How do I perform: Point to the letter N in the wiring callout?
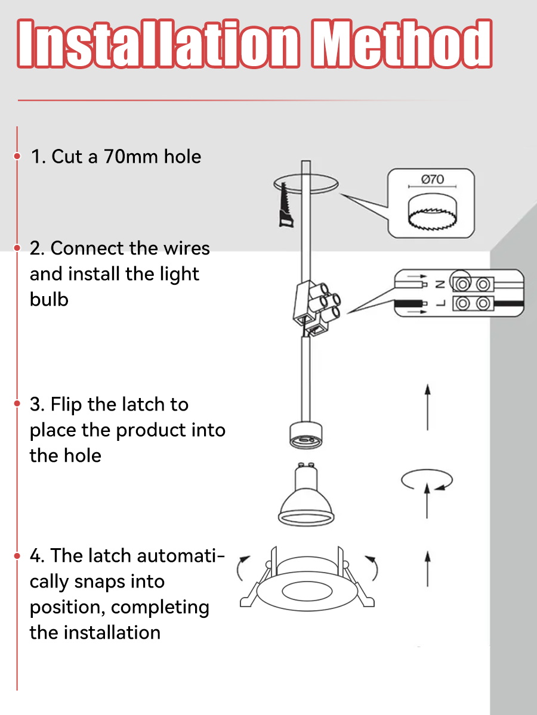[440, 285]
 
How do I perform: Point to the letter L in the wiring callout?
[440, 303]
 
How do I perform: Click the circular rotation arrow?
[427, 480]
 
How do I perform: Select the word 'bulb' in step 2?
[49, 299]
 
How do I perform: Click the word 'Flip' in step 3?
[67, 405]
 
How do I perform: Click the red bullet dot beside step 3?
[17, 404]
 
